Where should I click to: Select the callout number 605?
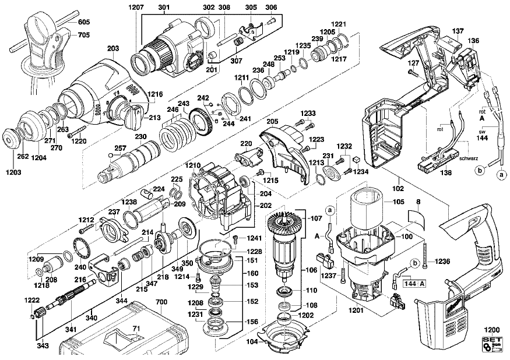pos(85,22)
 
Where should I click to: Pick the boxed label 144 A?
pos(414,284)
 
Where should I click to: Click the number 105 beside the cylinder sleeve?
pos(398,202)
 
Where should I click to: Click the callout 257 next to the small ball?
pos(120,149)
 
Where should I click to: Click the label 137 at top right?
pos(458,30)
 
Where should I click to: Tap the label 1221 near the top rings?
pos(340,23)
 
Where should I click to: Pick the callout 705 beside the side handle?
pos(85,34)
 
